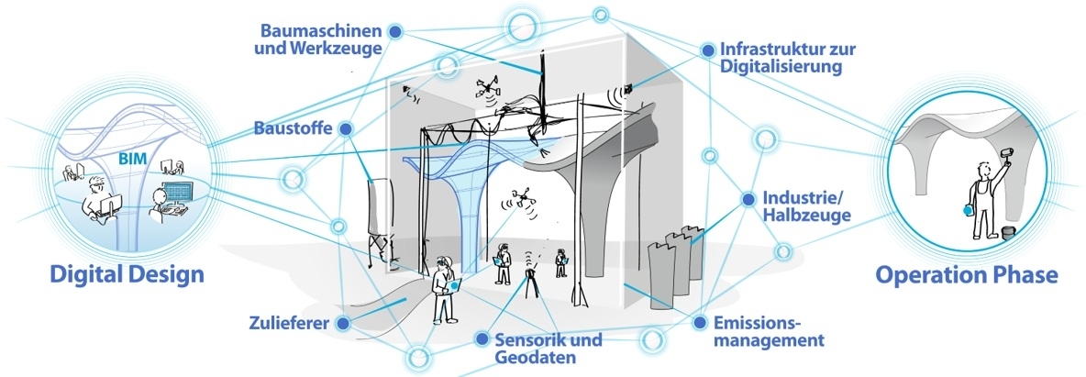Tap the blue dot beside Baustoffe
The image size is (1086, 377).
346,130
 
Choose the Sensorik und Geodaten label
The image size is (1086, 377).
548,349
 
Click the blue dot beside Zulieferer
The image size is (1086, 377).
342,323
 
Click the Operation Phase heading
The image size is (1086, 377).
966,274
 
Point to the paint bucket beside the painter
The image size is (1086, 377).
1008,234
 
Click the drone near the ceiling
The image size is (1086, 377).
489,90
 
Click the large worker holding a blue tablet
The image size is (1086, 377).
446,290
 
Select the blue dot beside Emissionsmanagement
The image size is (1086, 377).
699,323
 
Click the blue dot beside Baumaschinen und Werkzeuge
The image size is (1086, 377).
395,31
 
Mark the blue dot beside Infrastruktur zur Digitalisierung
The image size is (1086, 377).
706,49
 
